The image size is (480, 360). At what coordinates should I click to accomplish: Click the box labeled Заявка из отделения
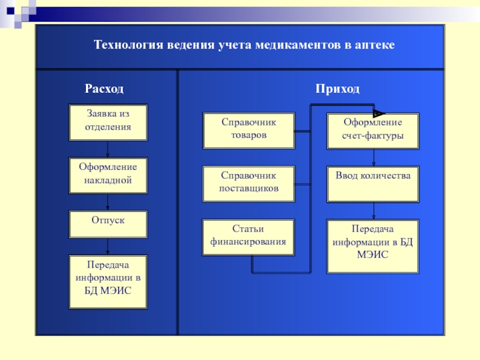click(107, 122)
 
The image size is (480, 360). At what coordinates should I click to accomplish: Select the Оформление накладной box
click(107, 175)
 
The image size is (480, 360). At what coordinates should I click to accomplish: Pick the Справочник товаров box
click(248, 130)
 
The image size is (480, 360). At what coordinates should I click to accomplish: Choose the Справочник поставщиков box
click(248, 184)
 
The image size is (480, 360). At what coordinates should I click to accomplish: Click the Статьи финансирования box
click(248, 237)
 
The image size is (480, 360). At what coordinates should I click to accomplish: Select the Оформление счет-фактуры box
click(373, 130)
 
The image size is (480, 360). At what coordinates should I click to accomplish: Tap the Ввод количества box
click(373, 184)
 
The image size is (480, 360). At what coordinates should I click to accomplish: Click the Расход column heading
click(104, 89)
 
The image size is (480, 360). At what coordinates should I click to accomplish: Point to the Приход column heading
click(338, 89)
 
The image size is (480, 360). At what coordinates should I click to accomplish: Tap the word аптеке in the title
click(376, 46)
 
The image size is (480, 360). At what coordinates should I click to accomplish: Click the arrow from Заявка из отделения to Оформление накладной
click(108, 149)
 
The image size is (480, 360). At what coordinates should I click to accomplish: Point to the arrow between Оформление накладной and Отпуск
click(108, 202)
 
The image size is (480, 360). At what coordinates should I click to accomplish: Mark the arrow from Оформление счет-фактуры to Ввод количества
click(374, 157)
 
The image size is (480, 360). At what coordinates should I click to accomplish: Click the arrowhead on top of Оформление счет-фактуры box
click(378, 112)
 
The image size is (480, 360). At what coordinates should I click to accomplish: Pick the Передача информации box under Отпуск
click(107, 281)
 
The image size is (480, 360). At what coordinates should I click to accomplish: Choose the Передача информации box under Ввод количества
click(373, 246)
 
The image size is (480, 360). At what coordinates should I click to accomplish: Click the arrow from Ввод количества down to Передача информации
click(374, 211)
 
